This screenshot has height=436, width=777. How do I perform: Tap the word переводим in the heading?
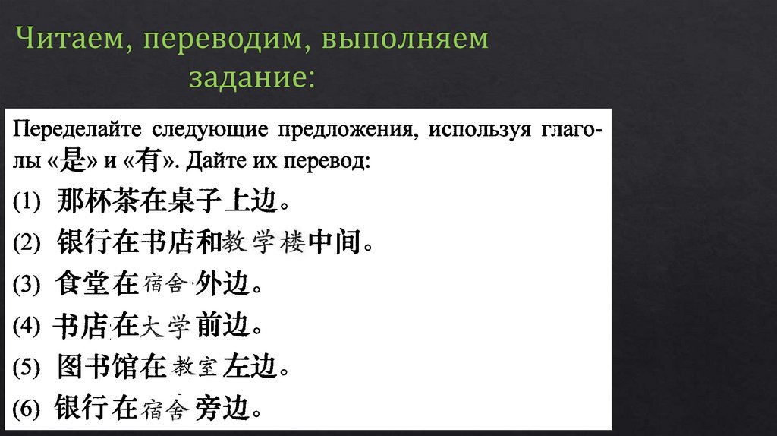coord(219,40)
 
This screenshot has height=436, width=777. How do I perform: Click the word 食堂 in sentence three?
coord(83,285)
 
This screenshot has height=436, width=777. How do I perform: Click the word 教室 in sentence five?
coord(195,369)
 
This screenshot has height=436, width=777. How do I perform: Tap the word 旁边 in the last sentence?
coord(221,409)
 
